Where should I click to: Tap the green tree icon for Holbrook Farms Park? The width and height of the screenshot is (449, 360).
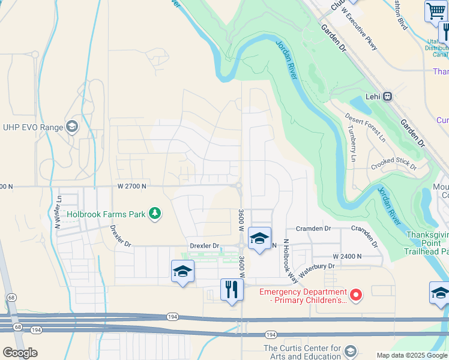pyautogui.click(x=155, y=213)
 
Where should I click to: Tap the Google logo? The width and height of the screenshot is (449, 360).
pyautogui.click(x=20, y=353)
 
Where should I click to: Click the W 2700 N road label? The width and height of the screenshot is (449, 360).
pyautogui.click(x=131, y=187)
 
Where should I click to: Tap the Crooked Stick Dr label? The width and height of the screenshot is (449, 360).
pyautogui.click(x=394, y=164)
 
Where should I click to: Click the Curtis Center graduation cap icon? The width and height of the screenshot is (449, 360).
pyautogui.click(x=351, y=350)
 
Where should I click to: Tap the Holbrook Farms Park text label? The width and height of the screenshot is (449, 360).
pyautogui.click(x=106, y=213)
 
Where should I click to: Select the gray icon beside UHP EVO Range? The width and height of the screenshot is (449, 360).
pyautogui.click(x=72, y=127)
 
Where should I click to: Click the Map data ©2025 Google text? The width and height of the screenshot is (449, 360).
pyautogui.click(x=412, y=355)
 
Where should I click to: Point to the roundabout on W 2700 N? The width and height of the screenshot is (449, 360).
pyautogui.click(x=239, y=186)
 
